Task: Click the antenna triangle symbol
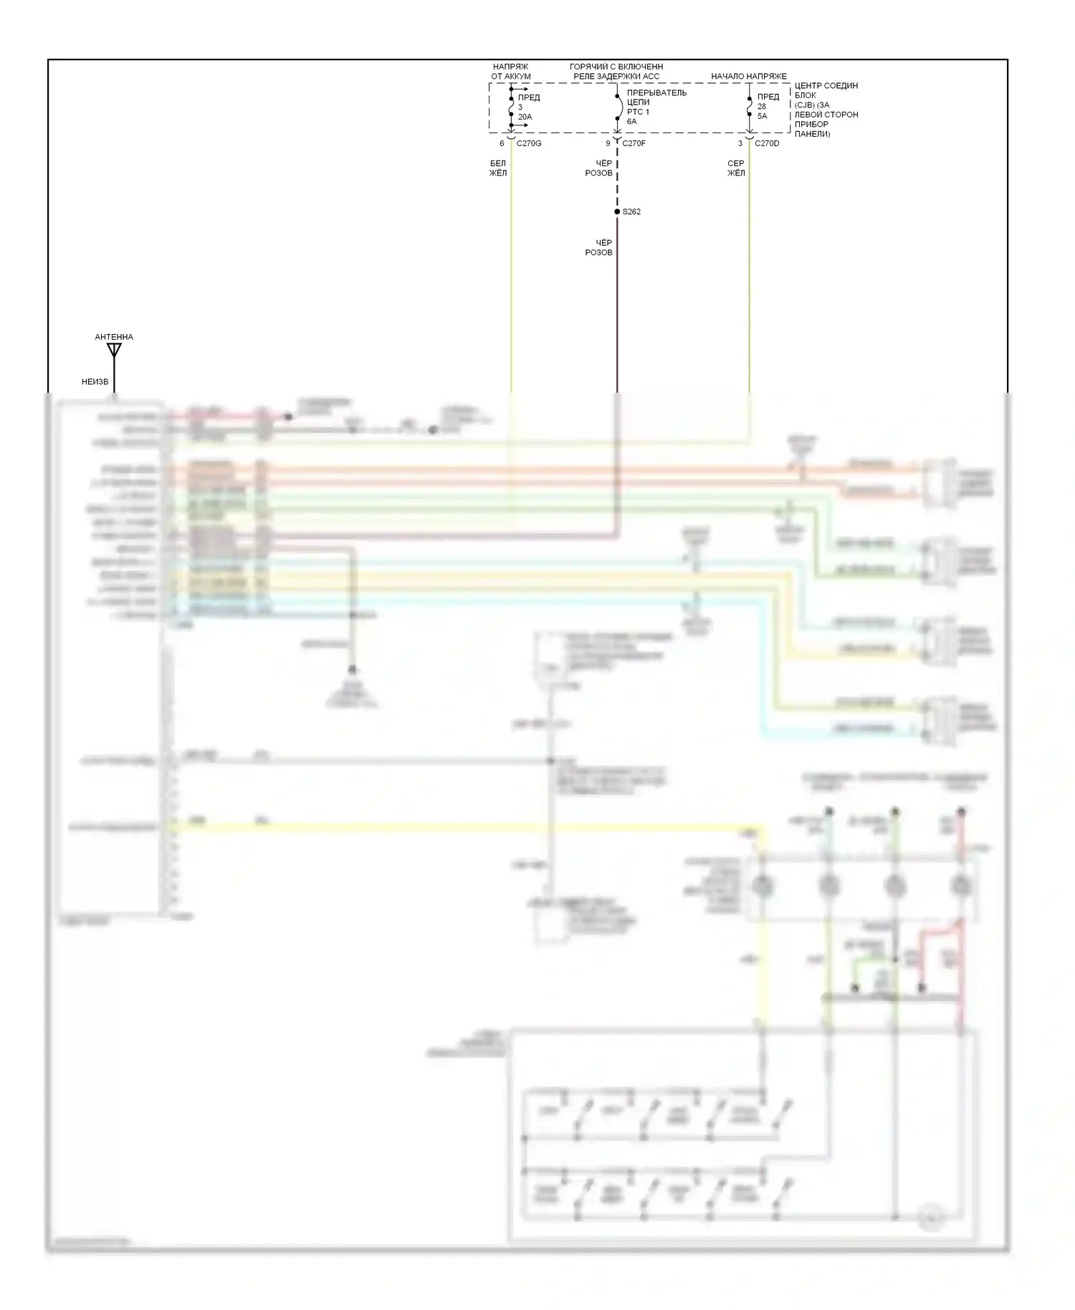[x=114, y=350]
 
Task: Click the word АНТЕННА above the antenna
[x=114, y=337]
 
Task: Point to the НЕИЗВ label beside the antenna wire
[x=95, y=382]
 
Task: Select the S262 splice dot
[x=617, y=211]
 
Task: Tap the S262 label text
[x=631, y=212]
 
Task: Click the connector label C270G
[x=529, y=143]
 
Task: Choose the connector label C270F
[x=634, y=143]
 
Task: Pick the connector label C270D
[x=767, y=143]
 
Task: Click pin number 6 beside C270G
[x=502, y=143]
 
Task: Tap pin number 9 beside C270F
[x=608, y=143]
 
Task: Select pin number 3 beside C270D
[x=740, y=143]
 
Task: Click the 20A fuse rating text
[x=525, y=117]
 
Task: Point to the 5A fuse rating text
[x=762, y=116]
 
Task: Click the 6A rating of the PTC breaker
[x=631, y=121]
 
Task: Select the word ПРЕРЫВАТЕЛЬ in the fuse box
[x=656, y=93]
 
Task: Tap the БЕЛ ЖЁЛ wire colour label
[x=498, y=168]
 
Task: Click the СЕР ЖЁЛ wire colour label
[x=736, y=168]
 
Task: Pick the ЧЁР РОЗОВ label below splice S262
[x=599, y=248]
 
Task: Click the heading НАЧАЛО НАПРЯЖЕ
[x=748, y=76]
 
